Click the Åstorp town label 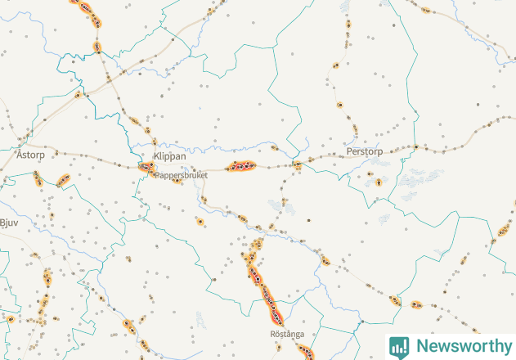29,154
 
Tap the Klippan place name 169,155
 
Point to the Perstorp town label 365,152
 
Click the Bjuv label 9,222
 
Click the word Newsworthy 461,345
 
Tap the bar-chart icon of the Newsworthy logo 399,346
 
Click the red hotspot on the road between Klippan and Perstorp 241,166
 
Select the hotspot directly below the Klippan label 146,168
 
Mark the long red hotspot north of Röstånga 263,286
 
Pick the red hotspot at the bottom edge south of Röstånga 305,353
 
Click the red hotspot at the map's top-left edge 85,9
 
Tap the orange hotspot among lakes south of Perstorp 378,182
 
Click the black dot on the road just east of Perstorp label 415,147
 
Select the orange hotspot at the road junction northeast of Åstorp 79,95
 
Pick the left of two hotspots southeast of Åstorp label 37,178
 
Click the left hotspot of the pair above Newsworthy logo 395,300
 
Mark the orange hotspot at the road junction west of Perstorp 297,165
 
